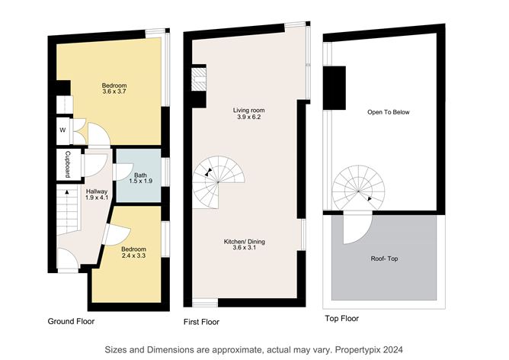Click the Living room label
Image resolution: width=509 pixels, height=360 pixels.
[248, 111]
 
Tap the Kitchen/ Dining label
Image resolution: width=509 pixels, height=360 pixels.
[245, 242]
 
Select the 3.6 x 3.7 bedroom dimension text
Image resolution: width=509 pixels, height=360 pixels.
[114, 92]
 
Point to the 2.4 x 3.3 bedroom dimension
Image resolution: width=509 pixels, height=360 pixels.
[133, 256]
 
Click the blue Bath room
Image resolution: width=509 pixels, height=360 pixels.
[139, 175]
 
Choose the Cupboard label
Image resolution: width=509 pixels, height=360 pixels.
[68, 165]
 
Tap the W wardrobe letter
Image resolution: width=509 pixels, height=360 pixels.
[62, 130]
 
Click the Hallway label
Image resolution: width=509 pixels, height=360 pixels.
[97, 191]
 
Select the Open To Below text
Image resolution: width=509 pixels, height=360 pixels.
[389, 112]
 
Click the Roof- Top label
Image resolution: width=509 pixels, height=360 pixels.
[384, 259]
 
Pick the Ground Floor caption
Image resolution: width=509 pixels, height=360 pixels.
[71, 321]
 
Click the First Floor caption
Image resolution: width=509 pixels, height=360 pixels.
[202, 322]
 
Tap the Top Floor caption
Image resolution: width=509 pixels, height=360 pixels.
[342, 318]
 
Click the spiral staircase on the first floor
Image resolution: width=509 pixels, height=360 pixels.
[218, 182]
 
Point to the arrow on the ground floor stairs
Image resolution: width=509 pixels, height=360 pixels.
[67, 192]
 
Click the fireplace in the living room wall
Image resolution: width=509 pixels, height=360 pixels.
[199, 79]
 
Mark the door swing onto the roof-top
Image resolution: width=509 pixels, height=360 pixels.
[357, 227]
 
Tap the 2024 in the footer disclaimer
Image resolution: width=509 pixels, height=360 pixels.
[393, 349]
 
